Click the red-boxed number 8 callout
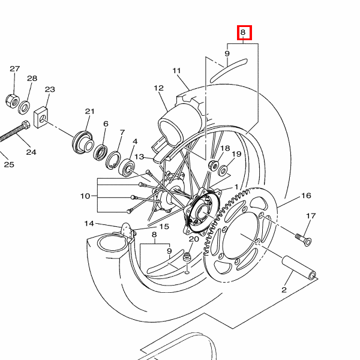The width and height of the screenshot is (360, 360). (244, 32)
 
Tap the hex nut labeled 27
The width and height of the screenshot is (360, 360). (12, 101)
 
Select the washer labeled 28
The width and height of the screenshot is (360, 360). (24, 107)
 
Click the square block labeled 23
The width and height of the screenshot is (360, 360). (41, 118)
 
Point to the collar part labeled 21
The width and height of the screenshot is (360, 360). (83, 142)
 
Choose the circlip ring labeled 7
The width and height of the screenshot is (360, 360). (113, 160)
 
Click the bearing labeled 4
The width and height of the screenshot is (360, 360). (127, 168)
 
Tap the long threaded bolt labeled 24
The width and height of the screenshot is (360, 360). (14, 131)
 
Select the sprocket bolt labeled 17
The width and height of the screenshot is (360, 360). (303, 239)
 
